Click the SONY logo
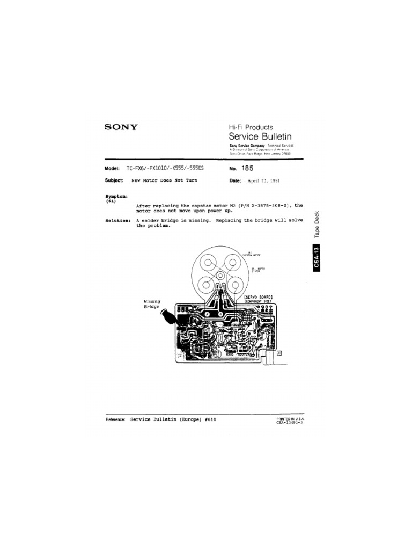(x=121, y=127)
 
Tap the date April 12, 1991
(x=263, y=181)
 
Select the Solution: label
(x=119, y=221)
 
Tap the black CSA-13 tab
(x=317, y=257)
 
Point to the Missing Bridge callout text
(x=151, y=304)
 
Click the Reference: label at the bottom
(x=115, y=419)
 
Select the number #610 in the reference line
(x=210, y=419)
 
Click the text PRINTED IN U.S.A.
(x=290, y=418)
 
